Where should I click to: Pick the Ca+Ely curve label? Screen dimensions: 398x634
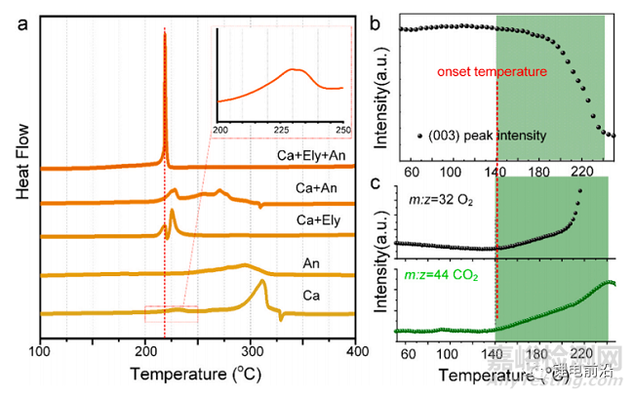317,219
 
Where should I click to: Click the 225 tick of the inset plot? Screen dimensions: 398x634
284,129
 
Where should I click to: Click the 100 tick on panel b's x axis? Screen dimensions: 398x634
450,173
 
